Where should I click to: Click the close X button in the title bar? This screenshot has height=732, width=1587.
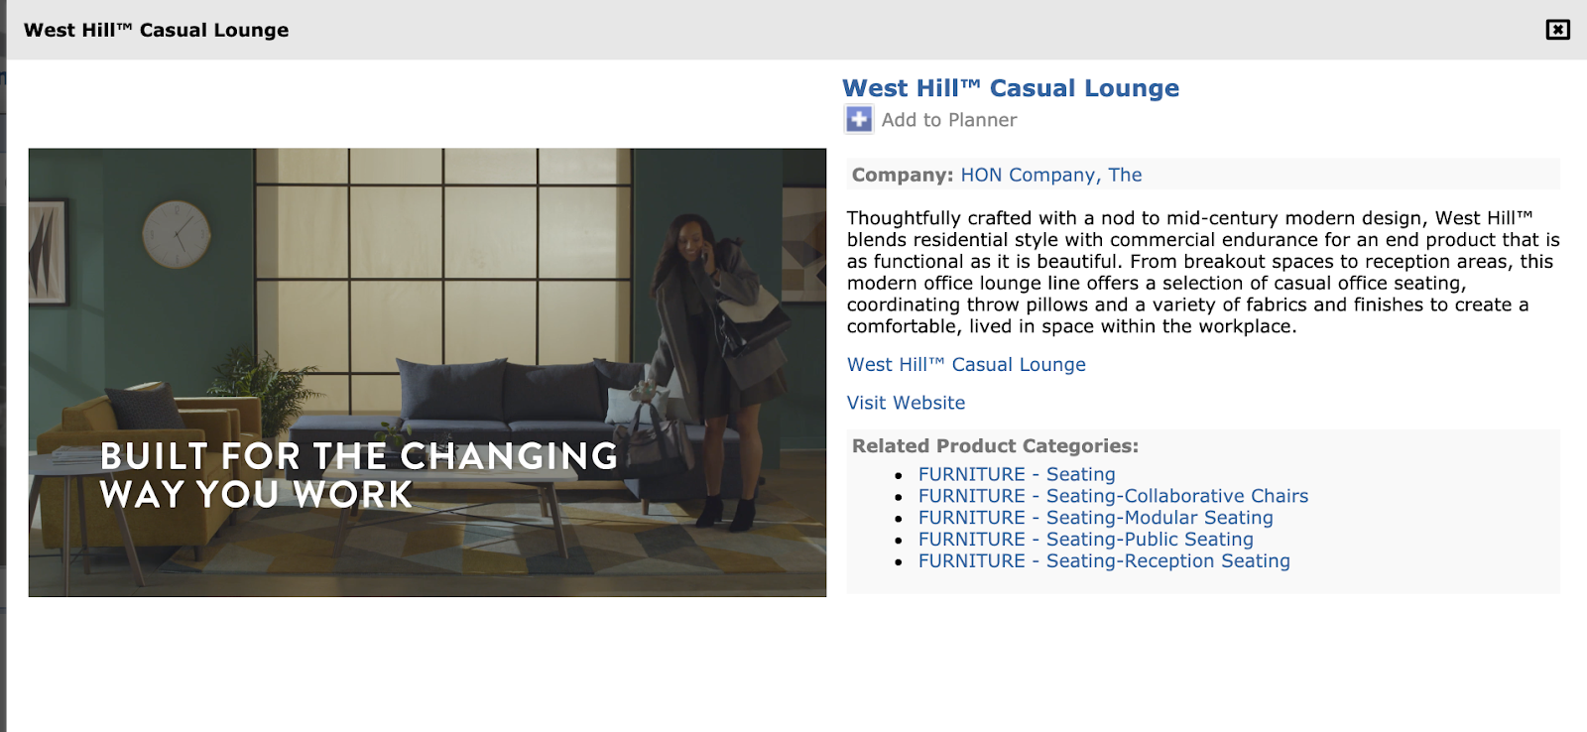1557,30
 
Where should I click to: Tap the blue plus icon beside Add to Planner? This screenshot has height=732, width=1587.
859,119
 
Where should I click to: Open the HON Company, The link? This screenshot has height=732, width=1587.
1050,175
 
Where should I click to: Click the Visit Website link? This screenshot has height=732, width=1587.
907,403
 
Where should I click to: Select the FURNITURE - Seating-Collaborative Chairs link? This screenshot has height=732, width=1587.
1113,495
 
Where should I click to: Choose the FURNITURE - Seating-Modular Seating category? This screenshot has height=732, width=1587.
1095,518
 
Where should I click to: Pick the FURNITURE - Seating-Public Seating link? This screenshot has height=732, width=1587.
1085,540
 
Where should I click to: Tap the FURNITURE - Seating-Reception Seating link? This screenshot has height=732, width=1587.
1104,560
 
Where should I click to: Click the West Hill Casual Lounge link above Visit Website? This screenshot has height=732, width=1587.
966,364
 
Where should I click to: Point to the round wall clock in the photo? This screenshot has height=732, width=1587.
177,234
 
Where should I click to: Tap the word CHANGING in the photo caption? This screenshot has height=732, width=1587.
509,456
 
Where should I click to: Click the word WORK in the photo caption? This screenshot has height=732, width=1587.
353,494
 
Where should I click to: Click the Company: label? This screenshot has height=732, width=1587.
902,175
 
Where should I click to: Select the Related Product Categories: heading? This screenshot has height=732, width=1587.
995,445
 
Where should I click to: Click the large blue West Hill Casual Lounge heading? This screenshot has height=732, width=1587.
1011,88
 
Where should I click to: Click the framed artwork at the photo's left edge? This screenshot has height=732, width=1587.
49,251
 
